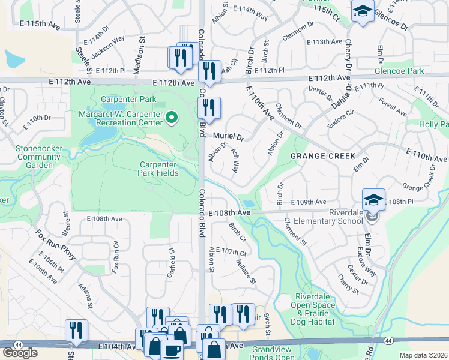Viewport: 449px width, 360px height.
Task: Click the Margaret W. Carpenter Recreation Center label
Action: [x=120, y=117]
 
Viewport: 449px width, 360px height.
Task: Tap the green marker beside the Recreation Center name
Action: [x=172, y=117]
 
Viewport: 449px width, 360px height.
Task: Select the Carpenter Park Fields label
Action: [x=158, y=169]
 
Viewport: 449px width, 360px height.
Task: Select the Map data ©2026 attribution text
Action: [x=424, y=355]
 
